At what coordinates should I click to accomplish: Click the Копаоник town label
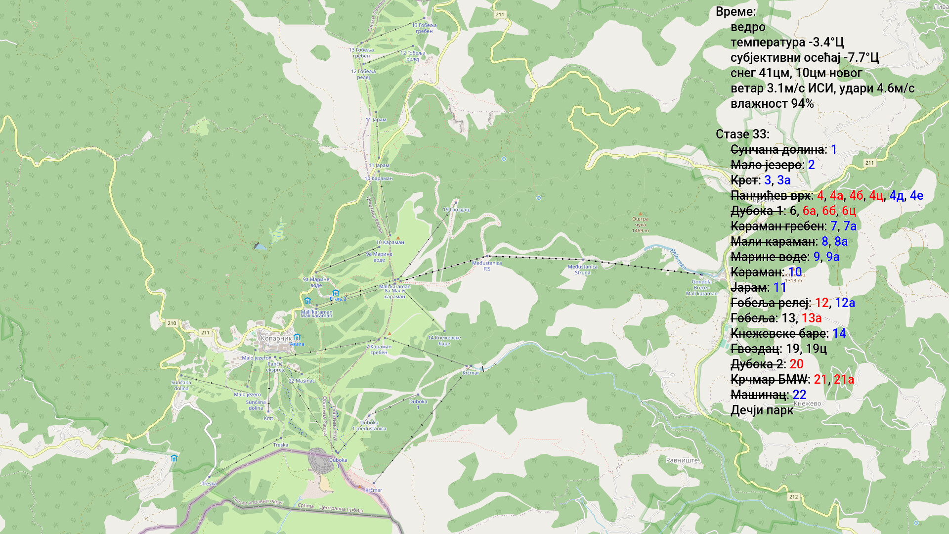pos(276,339)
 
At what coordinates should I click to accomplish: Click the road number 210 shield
pos(172,323)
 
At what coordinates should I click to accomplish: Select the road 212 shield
pos(793,497)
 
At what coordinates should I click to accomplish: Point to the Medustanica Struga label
pos(582,270)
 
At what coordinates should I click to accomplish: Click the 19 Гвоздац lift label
pos(456,210)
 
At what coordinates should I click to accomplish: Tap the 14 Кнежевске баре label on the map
pos(444,341)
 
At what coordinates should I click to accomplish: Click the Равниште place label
pos(682,460)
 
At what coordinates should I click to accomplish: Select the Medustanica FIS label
pos(487,266)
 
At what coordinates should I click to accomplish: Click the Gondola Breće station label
pos(701,287)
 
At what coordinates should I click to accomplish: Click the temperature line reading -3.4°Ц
pos(787,43)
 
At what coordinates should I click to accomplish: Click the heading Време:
pos(735,12)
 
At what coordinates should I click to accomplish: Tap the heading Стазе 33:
pos(742,134)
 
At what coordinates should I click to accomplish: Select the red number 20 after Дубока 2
pos(796,364)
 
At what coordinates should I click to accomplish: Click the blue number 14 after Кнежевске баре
pos(839,334)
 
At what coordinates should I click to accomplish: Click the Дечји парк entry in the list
pos(762,410)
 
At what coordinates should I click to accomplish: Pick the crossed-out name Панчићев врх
pos(770,196)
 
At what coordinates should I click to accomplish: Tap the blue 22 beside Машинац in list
pos(799,395)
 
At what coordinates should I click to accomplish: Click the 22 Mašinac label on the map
pos(302,381)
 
